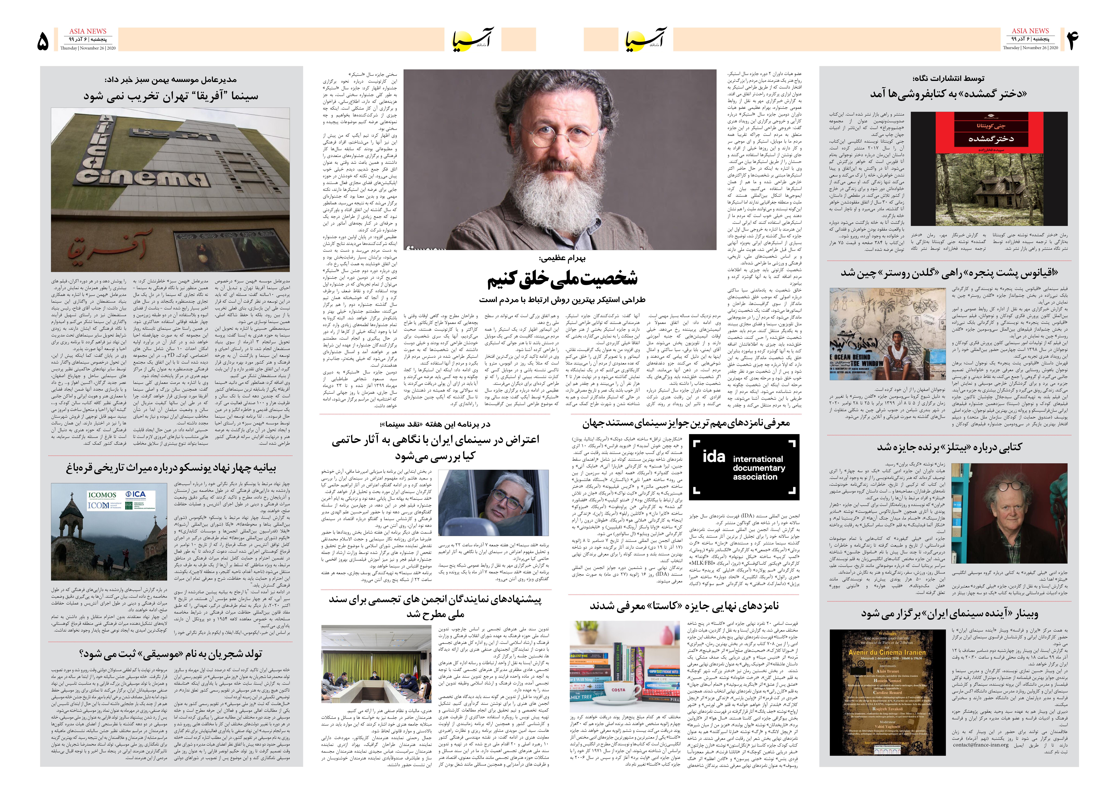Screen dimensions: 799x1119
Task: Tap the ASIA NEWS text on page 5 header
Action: coord(88,31)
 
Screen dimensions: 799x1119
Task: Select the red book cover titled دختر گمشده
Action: coord(989,133)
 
